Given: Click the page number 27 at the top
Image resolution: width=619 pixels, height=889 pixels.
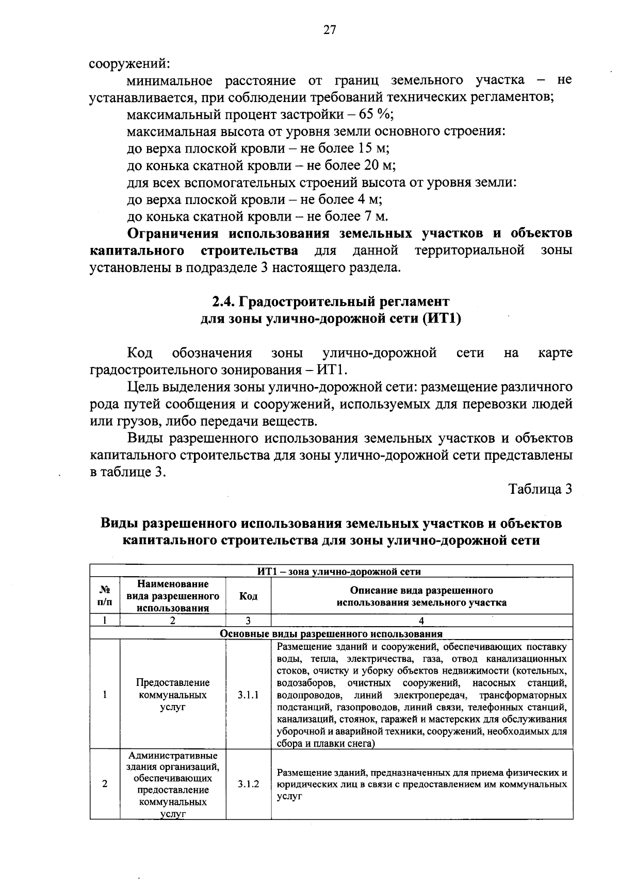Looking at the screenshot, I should click(330, 30).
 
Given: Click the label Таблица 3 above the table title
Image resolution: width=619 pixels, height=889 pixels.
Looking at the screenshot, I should click(540, 489).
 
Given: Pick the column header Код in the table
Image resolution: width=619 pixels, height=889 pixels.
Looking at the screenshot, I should click(248, 596).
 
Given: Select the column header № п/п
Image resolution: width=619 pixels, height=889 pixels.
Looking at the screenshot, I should click(105, 596).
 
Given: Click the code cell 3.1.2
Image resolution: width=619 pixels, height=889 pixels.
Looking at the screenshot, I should click(248, 784).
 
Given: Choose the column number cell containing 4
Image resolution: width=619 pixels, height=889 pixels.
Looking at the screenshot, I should click(421, 621).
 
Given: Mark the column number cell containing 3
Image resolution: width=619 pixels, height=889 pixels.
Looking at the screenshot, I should click(248, 621).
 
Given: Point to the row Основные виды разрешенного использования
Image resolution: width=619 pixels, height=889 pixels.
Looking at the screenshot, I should click(331, 633).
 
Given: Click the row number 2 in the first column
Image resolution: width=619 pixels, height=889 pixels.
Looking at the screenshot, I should click(105, 784).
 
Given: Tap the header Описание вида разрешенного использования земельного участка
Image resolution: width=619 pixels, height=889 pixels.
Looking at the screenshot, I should click(421, 596).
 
